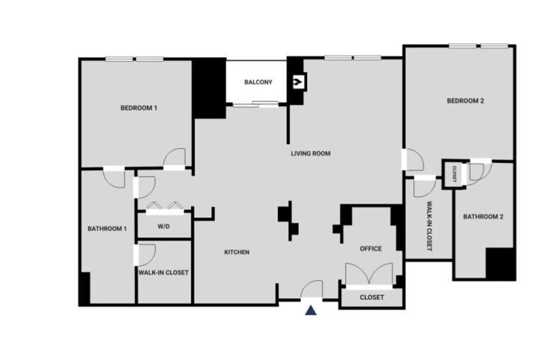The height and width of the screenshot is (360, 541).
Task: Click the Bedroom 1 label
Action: [x=138, y=108]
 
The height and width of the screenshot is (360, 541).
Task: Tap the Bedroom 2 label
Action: [x=465, y=101]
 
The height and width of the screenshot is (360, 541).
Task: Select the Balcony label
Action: [x=258, y=82]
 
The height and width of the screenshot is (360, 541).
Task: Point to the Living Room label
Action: [x=311, y=154]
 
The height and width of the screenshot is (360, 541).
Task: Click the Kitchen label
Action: [x=237, y=252]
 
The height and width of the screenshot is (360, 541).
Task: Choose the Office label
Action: [x=371, y=249]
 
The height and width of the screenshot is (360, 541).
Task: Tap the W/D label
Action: [x=163, y=226]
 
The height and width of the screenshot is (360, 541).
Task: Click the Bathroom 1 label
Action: [x=107, y=229]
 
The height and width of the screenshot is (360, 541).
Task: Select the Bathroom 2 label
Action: [x=483, y=217]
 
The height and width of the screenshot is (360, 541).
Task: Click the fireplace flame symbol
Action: [x=298, y=82]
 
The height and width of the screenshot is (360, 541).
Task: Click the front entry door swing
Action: [x=312, y=289]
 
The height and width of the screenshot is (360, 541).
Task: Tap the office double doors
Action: [x=369, y=274]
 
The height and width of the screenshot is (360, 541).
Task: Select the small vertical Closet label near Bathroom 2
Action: [x=454, y=174]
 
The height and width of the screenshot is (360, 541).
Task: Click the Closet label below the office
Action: [x=372, y=297]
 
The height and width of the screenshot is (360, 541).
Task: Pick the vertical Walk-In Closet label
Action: [x=429, y=226]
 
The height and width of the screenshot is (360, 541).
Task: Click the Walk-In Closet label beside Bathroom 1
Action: [x=163, y=273]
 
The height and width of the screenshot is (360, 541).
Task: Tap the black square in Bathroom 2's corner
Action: [x=500, y=264]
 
